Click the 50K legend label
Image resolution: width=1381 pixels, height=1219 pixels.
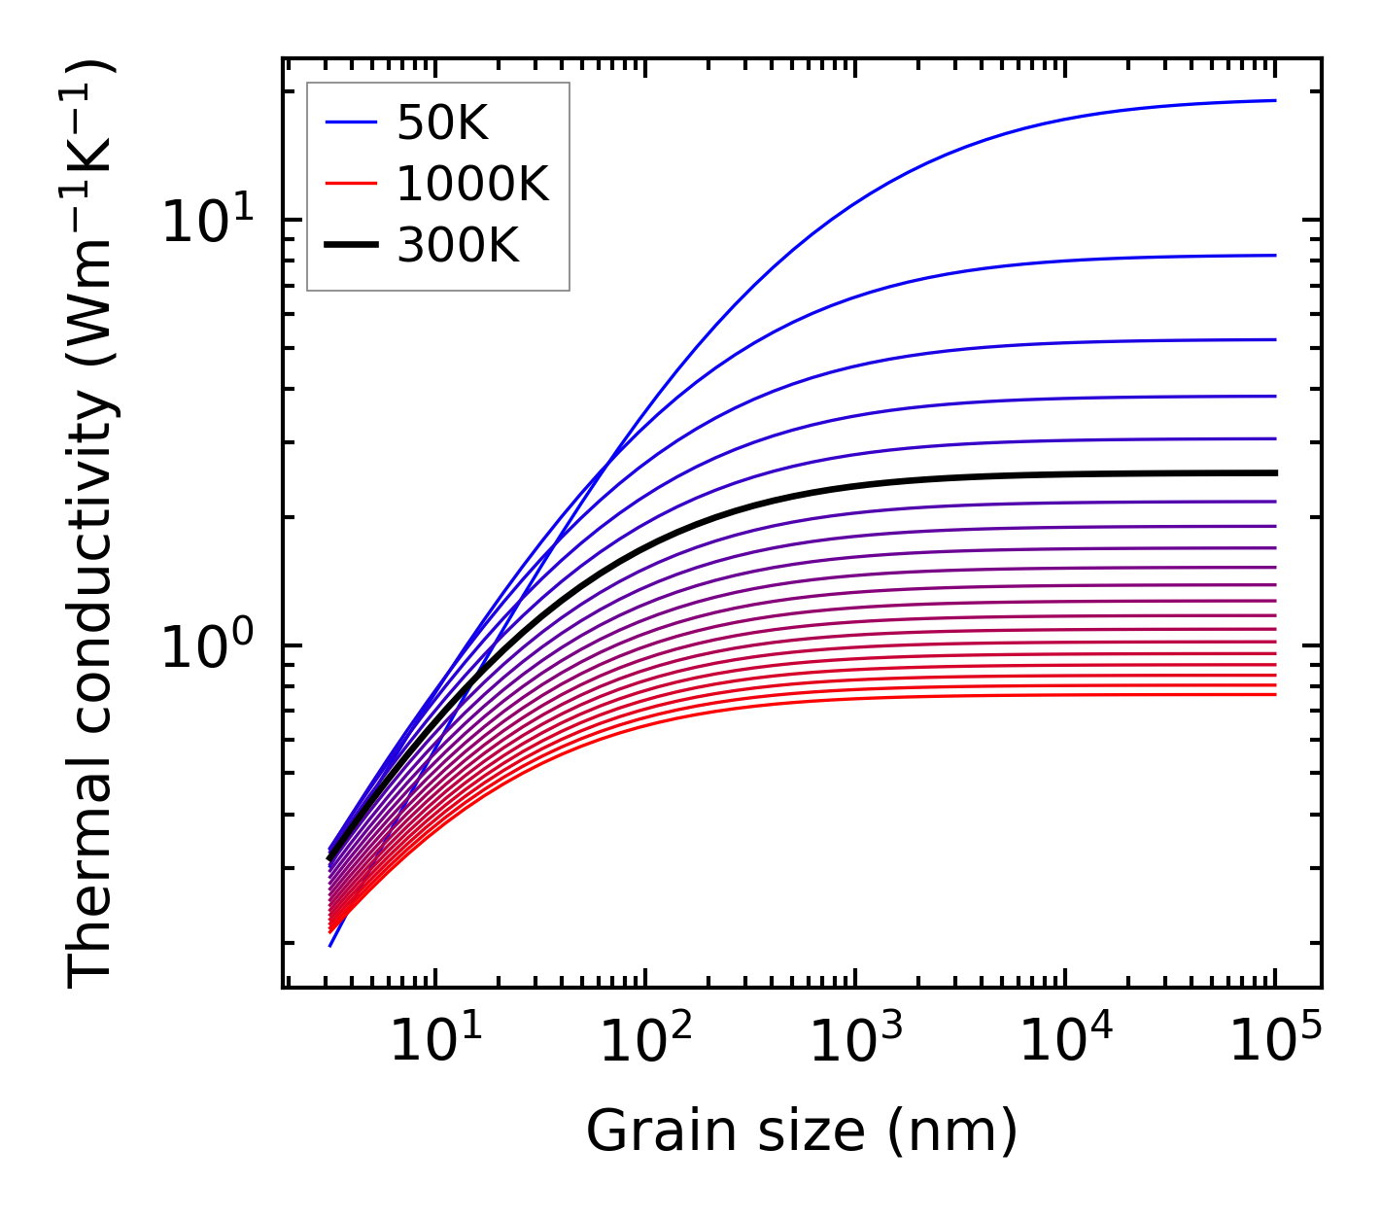pos(442,122)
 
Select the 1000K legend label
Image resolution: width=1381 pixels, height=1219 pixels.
pos(472,185)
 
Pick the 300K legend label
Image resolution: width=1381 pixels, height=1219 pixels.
pos(458,247)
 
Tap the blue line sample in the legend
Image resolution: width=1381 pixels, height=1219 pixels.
pos(350,122)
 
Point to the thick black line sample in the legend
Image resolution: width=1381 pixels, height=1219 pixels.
pos(350,247)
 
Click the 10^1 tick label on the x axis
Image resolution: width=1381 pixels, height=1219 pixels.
pos(434,1041)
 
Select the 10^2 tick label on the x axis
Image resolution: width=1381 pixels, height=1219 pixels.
pos(644,1041)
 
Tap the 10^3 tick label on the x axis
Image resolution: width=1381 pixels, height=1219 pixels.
pos(854,1041)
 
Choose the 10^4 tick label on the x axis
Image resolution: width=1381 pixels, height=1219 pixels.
pos(1064,1041)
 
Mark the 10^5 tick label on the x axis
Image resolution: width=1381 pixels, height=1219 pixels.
pos(1274,1041)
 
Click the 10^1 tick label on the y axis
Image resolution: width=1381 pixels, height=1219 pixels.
pos(206,221)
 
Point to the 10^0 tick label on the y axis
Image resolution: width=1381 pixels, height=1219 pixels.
pos(206,646)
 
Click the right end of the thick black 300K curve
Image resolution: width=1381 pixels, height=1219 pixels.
pos(1274,472)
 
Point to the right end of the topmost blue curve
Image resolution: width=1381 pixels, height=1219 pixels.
pos(1274,100)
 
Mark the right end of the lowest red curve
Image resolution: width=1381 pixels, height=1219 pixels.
pos(1274,694)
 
